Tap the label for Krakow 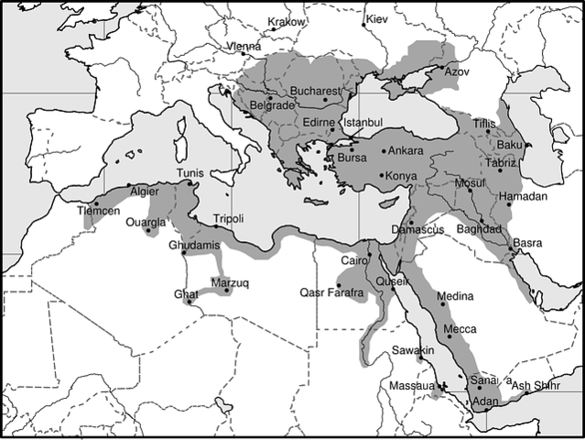[286, 22]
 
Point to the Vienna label [245, 47]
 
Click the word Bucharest [314, 92]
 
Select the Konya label [402, 175]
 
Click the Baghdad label [479, 228]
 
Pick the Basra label [526, 243]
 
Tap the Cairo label [352, 260]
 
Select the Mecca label [460, 327]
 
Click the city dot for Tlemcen [94, 203]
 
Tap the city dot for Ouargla [147, 230]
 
